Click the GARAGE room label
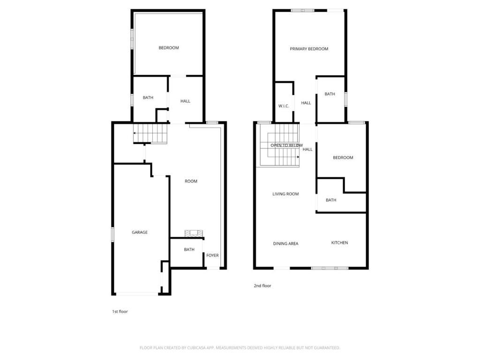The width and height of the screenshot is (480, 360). point(140,232)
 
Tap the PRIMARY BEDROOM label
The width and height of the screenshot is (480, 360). point(309,49)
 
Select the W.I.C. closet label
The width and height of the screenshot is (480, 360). point(284,106)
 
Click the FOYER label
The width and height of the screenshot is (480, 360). point(212,255)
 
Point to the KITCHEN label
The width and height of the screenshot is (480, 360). point(339,243)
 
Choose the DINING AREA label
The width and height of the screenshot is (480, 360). point(286,244)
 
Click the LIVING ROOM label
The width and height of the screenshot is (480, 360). point(285,194)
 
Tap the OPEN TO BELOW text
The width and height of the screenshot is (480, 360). point(286,145)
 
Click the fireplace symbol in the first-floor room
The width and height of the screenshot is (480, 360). point(194,232)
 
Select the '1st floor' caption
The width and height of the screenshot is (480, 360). point(120,311)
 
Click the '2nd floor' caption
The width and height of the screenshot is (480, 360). point(262,285)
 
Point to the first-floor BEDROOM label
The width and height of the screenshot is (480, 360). point(169,48)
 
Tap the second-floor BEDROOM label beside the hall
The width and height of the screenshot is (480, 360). point(343,157)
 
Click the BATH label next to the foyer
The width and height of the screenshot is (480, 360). point(189,249)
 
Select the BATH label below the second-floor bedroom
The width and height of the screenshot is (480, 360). point(331,200)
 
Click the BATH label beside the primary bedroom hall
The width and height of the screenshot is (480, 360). point(330,94)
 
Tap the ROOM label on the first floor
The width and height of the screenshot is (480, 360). point(191,181)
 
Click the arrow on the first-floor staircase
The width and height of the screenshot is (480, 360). point(135,133)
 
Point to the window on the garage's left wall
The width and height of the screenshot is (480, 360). point(112,234)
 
